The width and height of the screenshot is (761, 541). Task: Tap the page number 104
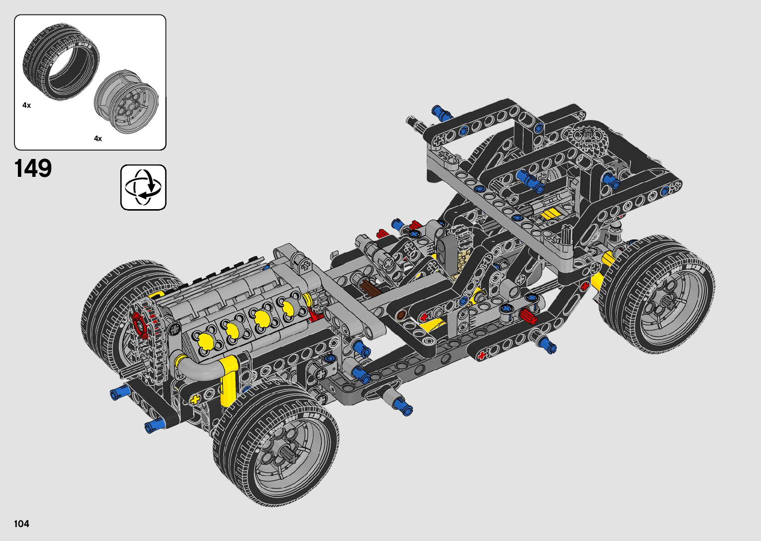click(21, 524)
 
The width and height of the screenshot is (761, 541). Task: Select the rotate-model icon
click(143, 187)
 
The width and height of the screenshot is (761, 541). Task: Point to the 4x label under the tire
click(26, 105)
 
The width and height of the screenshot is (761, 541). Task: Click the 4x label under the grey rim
click(98, 139)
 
